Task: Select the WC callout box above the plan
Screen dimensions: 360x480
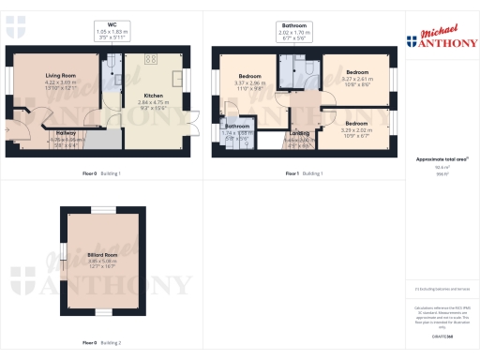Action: click(112, 30)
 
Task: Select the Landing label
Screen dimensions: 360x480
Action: click(299, 134)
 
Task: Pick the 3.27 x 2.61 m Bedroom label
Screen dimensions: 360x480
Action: click(357, 76)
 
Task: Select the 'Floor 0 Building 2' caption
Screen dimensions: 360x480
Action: click(99, 342)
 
